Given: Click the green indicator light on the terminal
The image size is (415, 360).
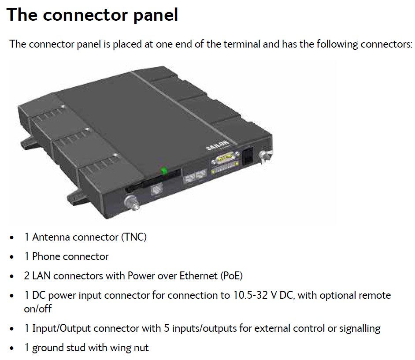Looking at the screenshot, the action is click(164, 171).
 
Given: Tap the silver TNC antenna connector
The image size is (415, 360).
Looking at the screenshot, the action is click(132, 202).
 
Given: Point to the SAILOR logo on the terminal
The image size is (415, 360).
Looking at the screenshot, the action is click(217, 146).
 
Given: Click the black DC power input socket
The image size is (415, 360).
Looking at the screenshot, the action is click(248, 157).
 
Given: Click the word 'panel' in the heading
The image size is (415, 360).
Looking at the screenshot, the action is click(156, 15).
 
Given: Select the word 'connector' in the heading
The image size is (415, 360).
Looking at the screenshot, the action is click(85, 15).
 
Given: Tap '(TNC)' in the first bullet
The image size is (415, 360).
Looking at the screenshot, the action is click(134, 237).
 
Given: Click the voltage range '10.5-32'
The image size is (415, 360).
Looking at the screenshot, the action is click(250, 295).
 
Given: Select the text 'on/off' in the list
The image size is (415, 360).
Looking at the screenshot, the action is click(37, 308).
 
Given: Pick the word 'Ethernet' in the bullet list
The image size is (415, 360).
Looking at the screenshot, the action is click(199, 276).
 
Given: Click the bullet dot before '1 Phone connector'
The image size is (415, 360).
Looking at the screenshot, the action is click(11, 257).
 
